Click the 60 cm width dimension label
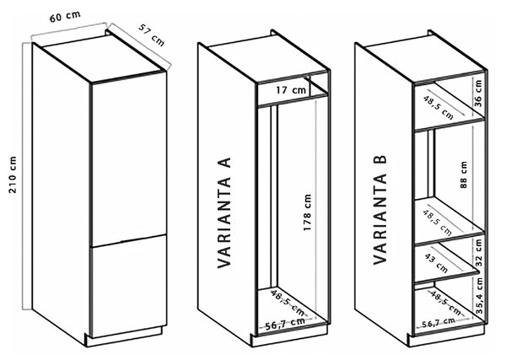point(65,17)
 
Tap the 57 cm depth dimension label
point(151,35)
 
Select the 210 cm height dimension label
point(13,175)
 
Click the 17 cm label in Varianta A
point(290,90)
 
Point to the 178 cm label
point(307,212)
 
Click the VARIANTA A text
point(224,213)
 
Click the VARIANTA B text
point(379,210)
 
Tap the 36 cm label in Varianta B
point(478,94)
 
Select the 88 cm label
point(464,175)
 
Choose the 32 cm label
point(478,253)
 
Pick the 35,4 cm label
point(479,296)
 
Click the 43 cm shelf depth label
point(436,263)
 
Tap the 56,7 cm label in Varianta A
point(285,323)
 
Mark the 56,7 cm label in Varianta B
point(439,322)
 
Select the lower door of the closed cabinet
point(129,286)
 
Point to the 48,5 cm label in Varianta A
point(288,303)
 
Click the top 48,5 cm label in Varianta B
point(438,107)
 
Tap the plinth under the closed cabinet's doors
point(124,337)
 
